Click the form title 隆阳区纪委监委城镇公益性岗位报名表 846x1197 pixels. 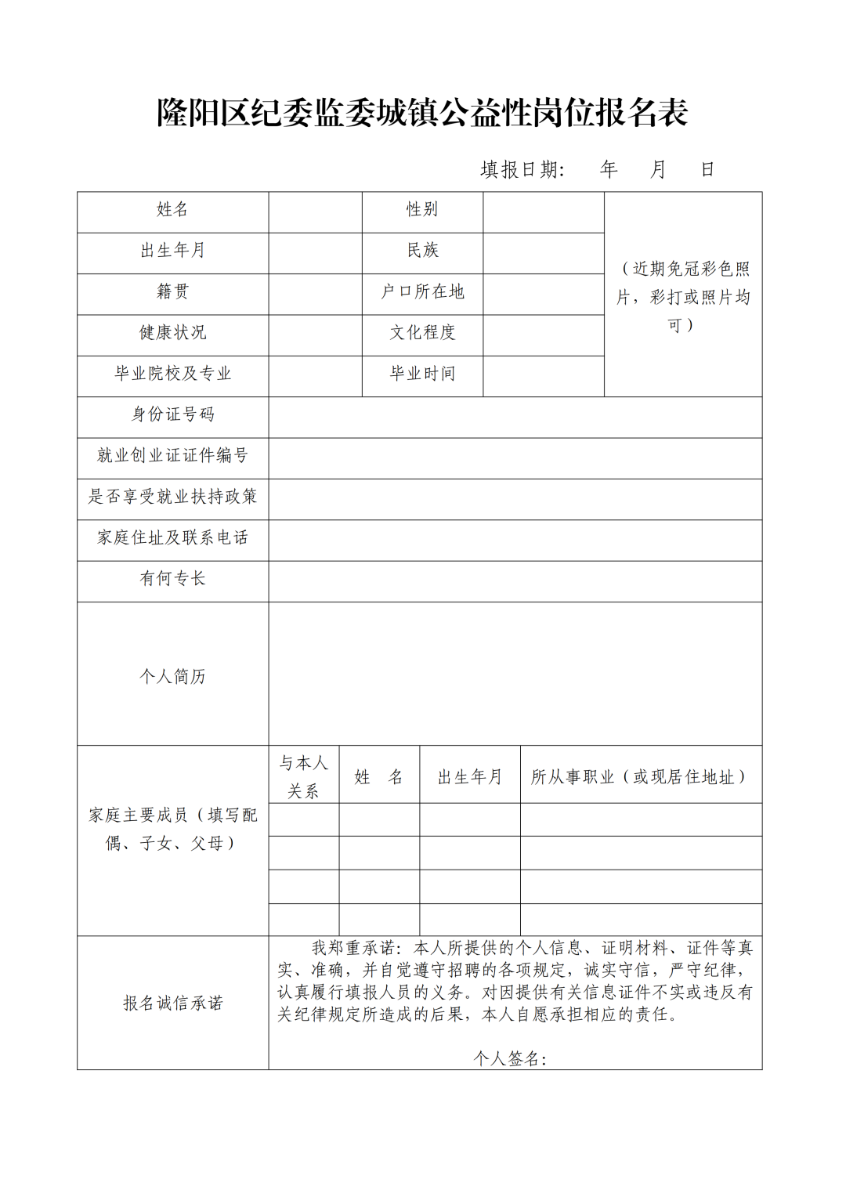422,113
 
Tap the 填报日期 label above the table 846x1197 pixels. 522,170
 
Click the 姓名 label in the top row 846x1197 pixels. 172,210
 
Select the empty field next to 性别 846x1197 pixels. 543,212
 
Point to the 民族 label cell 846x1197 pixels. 422,251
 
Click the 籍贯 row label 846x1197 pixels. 172,292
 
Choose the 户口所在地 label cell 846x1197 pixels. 422,292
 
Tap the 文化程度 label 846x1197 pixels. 422,333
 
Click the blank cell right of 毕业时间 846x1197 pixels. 543,376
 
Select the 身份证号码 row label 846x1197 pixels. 172,414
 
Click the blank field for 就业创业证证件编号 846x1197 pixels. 515,458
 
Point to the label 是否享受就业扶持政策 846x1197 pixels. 172,497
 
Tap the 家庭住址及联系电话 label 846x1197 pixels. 172,537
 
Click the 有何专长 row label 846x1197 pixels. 172,579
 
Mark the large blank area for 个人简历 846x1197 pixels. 515,673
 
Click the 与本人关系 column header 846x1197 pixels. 303,776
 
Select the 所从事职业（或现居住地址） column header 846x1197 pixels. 640,777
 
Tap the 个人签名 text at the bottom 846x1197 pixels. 509,1059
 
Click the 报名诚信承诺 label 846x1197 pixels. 172,1004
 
